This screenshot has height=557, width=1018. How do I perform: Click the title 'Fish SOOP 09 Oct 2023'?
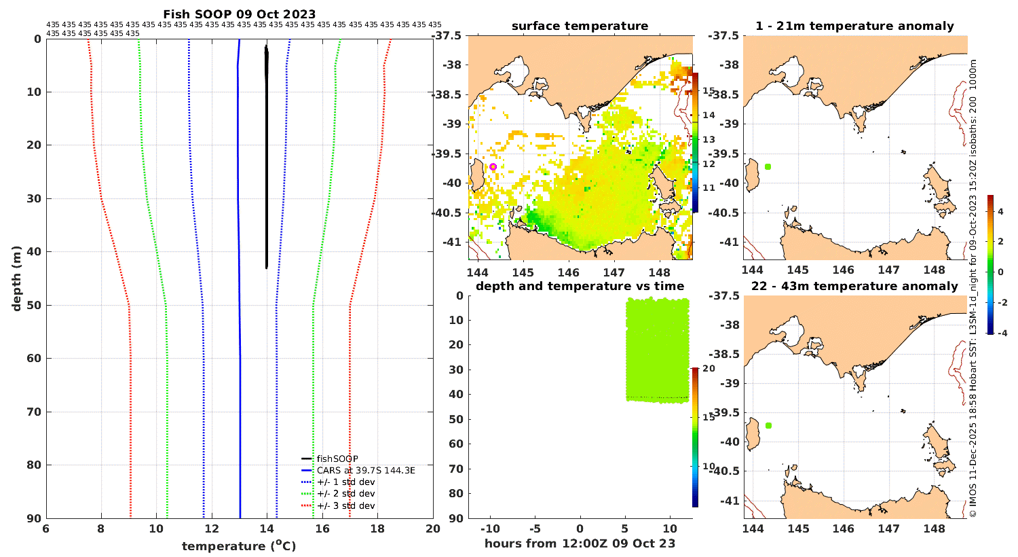coord(240,14)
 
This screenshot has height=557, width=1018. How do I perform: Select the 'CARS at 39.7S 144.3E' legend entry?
coord(358,470)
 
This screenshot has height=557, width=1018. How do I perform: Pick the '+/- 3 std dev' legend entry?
coord(339,505)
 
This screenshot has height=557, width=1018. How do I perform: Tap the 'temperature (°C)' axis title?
coord(239,545)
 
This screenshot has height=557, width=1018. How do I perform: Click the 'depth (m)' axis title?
coord(17,278)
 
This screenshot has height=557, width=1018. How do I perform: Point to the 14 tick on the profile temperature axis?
coord(267,528)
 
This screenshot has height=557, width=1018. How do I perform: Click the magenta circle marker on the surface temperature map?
coord(493,167)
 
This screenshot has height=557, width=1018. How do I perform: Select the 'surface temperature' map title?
coord(580,26)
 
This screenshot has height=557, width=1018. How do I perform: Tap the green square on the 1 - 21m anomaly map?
coord(768,167)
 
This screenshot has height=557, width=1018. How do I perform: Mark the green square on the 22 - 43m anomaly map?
coord(768,426)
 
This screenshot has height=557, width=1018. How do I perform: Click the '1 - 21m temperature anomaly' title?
coord(855,26)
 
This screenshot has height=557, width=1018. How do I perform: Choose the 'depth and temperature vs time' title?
coord(580,286)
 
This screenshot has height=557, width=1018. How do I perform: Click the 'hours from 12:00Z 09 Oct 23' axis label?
coord(580,543)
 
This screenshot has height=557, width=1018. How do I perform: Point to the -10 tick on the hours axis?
coord(490,528)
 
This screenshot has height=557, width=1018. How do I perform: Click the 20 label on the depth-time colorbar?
coord(709,368)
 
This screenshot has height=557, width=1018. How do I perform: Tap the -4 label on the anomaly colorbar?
coord(1002,334)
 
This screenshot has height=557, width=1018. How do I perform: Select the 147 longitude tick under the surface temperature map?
coord(614,272)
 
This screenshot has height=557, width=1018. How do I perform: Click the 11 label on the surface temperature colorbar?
coord(709,187)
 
